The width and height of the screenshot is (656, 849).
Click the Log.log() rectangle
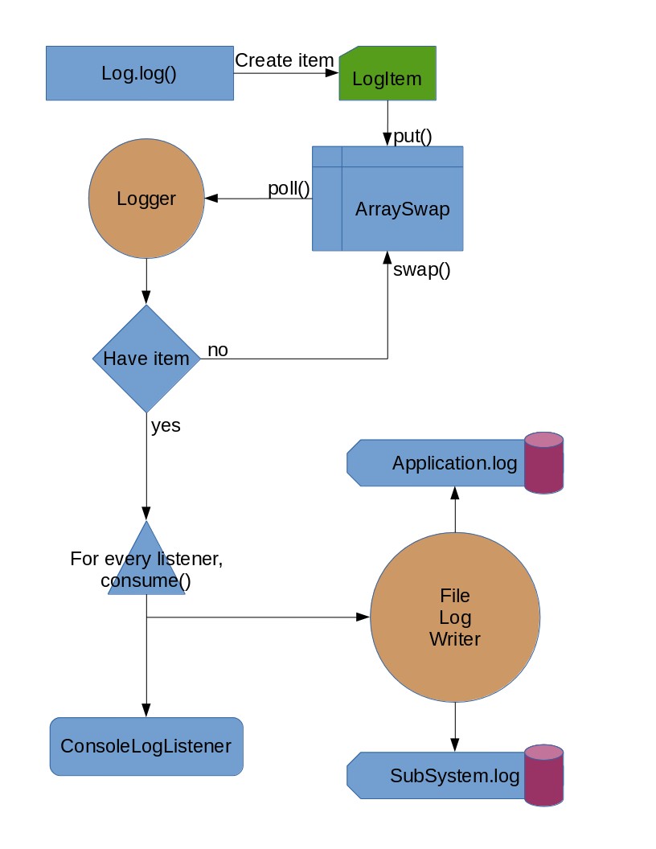point(140,73)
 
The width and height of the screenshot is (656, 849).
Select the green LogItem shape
point(387,73)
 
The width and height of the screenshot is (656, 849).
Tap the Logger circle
point(146,198)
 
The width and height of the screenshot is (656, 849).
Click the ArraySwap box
point(387,198)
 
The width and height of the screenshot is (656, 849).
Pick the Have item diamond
point(146,359)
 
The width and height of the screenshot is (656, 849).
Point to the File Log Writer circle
point(455,617)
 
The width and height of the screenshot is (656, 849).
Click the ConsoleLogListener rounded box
point(146,746)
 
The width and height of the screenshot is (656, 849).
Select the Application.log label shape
point(437,463)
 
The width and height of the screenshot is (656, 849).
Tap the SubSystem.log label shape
point(437,775)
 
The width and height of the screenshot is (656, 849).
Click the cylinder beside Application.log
point(544,463)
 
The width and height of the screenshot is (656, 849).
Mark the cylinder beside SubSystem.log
point(544,775)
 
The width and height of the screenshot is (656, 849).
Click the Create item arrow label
point(284,60)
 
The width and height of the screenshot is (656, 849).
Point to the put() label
point(412,136)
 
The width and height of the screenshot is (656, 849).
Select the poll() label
point(289,188)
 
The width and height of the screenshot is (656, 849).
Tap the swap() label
point(421,269)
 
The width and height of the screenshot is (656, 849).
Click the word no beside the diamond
point(218,351)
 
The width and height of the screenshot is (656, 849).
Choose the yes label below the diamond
point(166,425)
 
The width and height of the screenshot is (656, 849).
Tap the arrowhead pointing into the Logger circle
point(211,199)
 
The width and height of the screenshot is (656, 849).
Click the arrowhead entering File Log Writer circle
point(363,617)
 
